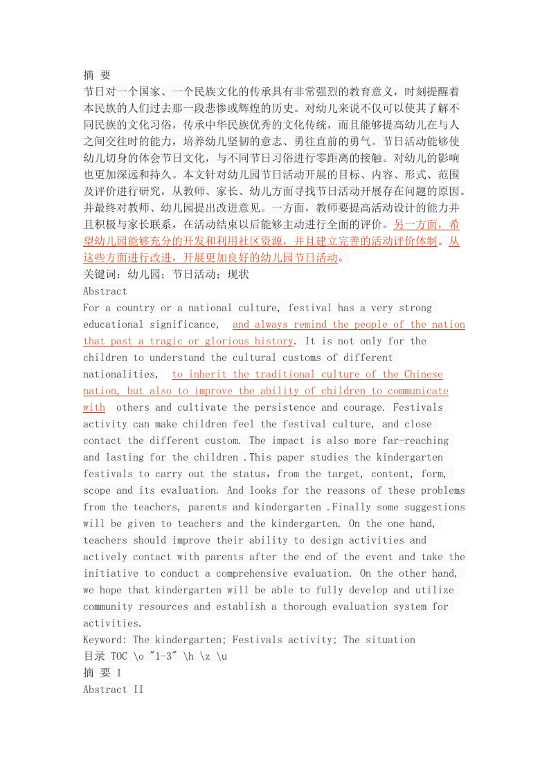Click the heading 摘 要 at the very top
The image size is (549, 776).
97,75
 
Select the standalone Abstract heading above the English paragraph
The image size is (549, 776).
105,291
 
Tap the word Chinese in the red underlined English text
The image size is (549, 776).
423,374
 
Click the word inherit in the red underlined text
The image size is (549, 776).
208,374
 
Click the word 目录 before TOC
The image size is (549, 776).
94,656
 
